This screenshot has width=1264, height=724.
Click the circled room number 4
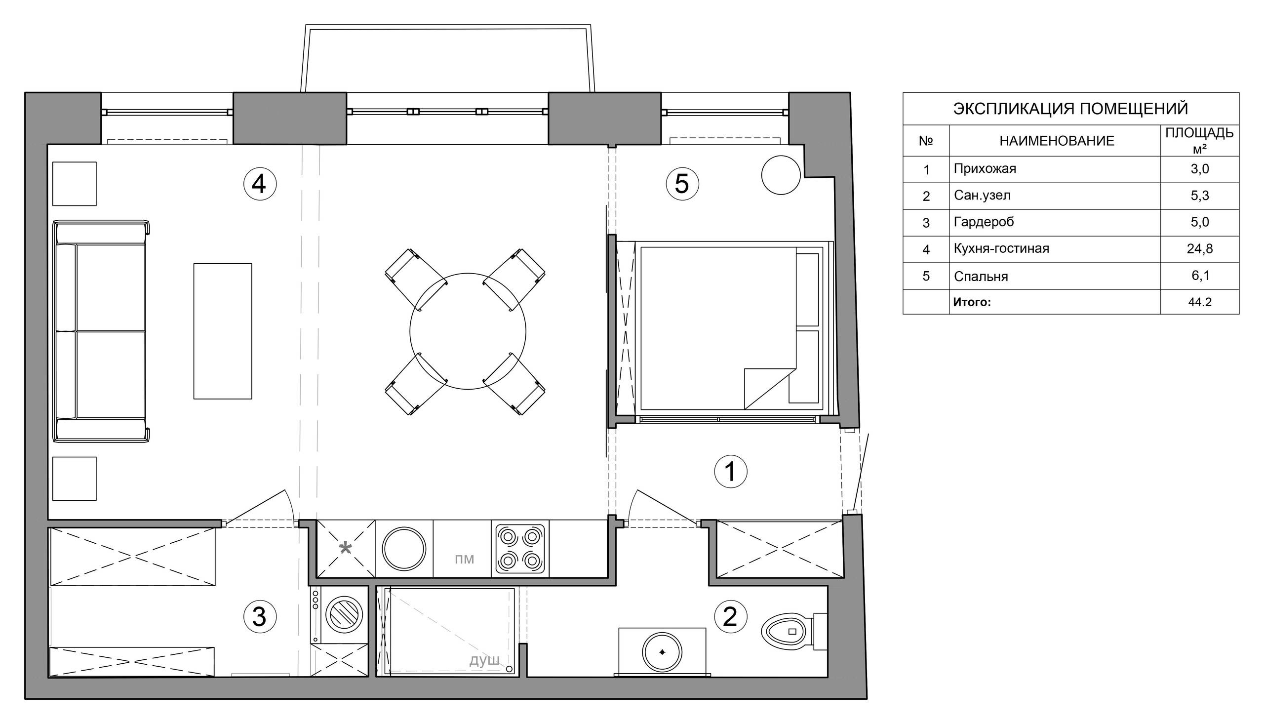tap(259, 185)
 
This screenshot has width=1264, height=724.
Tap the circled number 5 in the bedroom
tap(682, 184)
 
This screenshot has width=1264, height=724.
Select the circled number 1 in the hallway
tap(730, 472)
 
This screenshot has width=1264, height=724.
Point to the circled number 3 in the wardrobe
tap(259, 617)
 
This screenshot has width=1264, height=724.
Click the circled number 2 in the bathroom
tap(730, 617)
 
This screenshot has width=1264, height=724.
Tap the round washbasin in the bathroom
tap(662, 652)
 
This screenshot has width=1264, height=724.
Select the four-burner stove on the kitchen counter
tap(520, 549)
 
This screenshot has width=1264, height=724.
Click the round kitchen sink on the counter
tap(403, 549)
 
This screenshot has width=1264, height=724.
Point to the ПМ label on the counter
tap(464, 560)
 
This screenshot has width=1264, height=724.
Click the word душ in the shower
tap(484, 660)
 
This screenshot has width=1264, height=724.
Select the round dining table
tap(468, 331)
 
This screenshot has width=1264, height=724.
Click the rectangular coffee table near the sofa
tap(223, 331)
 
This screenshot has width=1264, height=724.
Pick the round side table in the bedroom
tap(781, 175)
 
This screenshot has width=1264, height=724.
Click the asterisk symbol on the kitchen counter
tap(346, 549)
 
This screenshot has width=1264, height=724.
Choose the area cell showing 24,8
tap(1199, 248)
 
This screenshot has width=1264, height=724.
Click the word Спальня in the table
tap(981, 277)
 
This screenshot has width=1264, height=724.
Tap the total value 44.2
tap(1199, 302)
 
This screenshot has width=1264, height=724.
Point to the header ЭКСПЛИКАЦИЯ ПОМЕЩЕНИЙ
tap(1070, 108)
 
